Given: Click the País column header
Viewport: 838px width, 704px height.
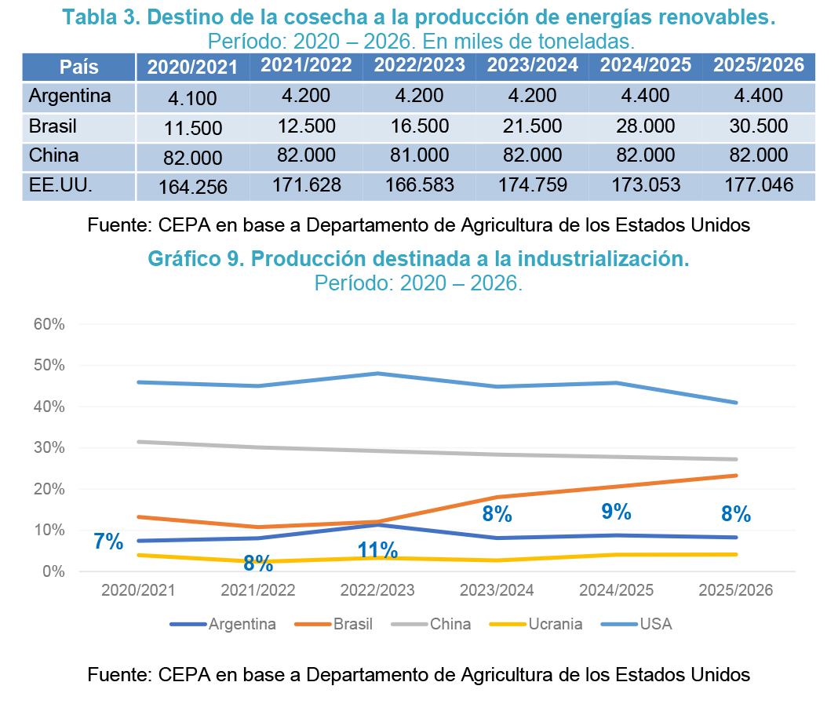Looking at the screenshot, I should pyautogui.click(x=78, y=67).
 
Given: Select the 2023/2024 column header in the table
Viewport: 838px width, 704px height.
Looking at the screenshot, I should pyautogui.click(x=532, y=66).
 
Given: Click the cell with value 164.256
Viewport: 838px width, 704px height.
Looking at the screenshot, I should pyautogui.click(x=193, y=188).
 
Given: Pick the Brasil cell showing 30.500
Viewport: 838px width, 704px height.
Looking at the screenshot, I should pyautogui.click(x=759, y=126).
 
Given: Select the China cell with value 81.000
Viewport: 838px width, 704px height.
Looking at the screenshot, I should pyautogui.click(x=419, y=155).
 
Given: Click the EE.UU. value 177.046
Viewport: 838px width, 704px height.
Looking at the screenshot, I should pyautogui.click(x=759, y=186).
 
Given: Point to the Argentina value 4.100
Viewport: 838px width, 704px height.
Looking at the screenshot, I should pyautogui.click(x=193, y=98).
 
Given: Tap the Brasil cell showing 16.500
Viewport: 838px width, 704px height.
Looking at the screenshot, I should pyautogui.click(x=419, y=126).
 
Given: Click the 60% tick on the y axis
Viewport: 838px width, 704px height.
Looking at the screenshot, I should pyautogui.click(x=49, y=324).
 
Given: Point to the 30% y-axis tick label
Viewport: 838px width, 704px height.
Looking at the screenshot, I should pyautogui.click(x=49, y=448).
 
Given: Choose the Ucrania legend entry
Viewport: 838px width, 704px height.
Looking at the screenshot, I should pyautogui.click(x=554, y=625).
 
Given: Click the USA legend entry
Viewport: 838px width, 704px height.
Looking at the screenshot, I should pyautogui.click(x=655, y=625).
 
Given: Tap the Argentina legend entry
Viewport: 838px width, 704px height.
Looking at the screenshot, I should pyautogui.click(x=242, y=625).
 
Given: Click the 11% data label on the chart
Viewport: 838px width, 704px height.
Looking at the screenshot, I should pyautogui.click(x=378, y=550).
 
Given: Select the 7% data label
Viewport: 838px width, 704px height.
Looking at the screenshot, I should pyautogui.click(x=108, y=542).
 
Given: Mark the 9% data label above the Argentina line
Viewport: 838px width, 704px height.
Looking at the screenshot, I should pyautogui.click(x=617, y=512).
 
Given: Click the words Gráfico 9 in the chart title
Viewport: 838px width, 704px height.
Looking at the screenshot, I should pyautogui.click(x=192, y=260).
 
